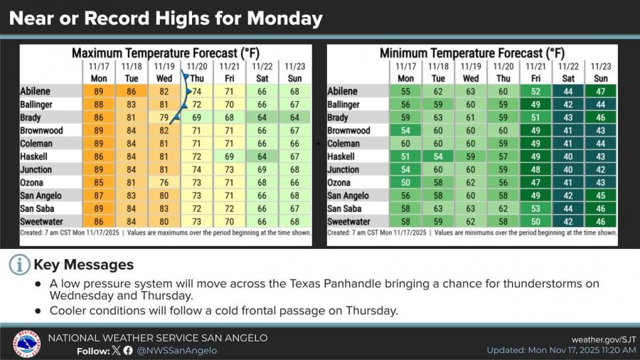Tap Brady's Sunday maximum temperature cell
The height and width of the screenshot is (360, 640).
coord(294,118)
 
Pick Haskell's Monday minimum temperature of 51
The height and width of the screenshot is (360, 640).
coord(406,157)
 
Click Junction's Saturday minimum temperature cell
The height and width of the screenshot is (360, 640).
coord(568,170)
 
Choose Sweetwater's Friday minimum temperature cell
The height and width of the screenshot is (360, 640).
coord(536,222)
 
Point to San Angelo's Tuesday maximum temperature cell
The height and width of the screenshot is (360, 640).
coord(131,196)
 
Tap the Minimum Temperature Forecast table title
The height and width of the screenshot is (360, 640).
coord(472,53)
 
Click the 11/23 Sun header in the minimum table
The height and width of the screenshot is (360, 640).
coord(601,72)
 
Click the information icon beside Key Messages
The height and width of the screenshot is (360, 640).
coord(20,265)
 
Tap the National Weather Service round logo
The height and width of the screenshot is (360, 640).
coord(26,344)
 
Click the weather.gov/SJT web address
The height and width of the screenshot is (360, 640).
coord(604,339)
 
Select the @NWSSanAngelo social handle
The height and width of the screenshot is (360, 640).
coord(177,350)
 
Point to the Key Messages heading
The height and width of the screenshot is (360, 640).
coord(84,265)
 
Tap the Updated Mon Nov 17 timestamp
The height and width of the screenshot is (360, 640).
coord(562,350)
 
